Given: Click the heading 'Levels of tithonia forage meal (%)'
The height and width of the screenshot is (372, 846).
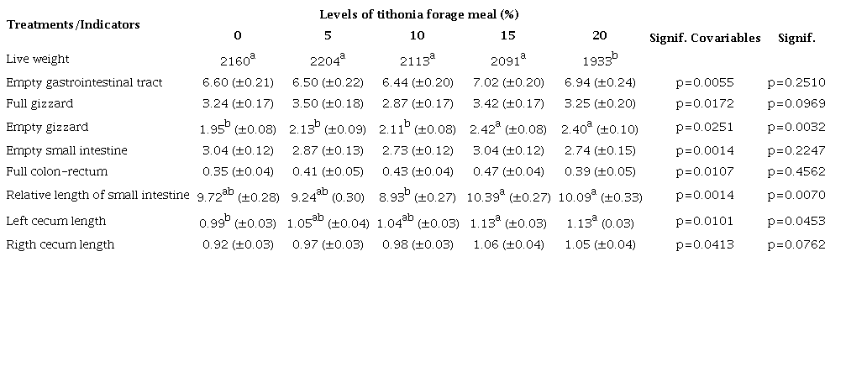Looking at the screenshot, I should [x=417, y=14].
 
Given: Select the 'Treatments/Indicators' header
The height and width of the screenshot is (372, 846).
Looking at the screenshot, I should [x=73, y=24].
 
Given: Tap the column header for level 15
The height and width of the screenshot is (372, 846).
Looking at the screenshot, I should [x=507, y=35].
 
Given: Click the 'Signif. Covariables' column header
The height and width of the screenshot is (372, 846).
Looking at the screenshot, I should [x=705, y=38].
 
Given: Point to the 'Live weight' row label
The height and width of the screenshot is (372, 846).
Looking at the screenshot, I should [x=37, y=59].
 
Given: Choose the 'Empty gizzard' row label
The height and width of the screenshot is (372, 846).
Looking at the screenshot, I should [x=47, y=128].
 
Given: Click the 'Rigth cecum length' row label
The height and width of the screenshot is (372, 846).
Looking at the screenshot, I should [x=60, y=244].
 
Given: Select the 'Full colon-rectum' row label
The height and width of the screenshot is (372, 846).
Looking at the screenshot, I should [x=56, y=173].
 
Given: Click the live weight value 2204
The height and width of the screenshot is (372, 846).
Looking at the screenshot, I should [x=327, y=60].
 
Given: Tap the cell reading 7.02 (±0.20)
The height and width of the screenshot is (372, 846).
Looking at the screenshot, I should [x=507, y=82].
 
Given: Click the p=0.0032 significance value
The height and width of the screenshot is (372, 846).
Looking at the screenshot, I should [x=796, y=128].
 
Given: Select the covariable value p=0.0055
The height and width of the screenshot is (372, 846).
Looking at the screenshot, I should [x=705, y=82].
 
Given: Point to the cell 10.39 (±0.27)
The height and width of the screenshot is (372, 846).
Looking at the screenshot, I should [x=507, y=196].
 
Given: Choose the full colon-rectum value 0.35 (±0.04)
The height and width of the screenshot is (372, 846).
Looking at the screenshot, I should [x=238, y=173].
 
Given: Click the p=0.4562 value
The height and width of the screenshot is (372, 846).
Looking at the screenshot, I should [x=796, y=173].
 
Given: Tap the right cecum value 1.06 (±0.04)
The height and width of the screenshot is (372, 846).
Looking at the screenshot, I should [x=507, y=244].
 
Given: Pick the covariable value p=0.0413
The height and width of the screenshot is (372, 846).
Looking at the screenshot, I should [x=705, y=244].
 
